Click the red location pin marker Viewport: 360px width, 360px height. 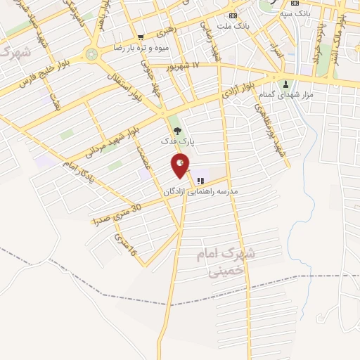[x=180, y=165]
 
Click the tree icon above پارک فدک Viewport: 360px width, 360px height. [x=176, y=129]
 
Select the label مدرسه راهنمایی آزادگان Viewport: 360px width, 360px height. [x=201, y=191]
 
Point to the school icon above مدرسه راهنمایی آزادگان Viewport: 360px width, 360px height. [x=201, y=180]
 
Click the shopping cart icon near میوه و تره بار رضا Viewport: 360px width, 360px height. [x=141, y=37]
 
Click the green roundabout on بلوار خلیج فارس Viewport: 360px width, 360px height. [x=90, y=53]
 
